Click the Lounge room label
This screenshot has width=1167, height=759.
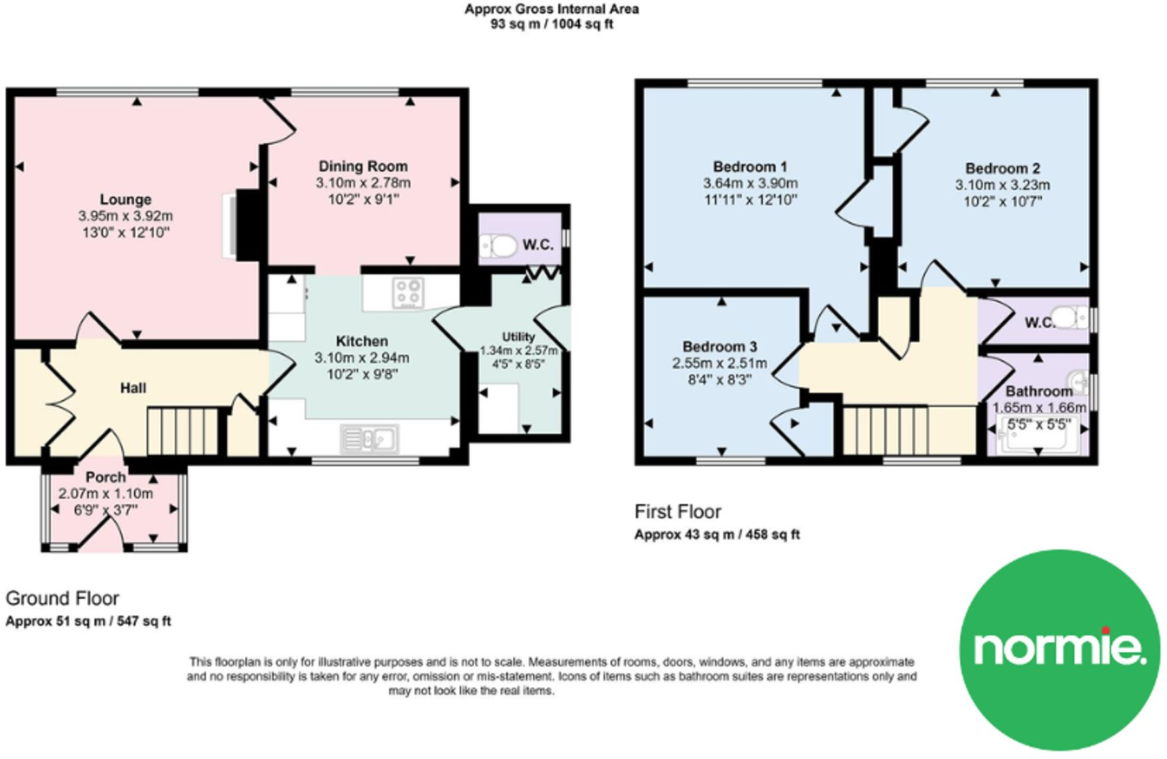pos(125,200)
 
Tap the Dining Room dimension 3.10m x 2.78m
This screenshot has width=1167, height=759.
pos(362,183)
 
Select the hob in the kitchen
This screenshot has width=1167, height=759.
pos(408,293)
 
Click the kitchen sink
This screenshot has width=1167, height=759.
pos(369,439)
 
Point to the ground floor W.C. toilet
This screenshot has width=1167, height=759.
pos(499,246)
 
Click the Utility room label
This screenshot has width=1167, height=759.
pos(518,337)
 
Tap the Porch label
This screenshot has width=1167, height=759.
pos(105,477)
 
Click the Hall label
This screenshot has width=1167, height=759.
pos(133,388)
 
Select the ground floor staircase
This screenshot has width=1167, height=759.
pos(182,431)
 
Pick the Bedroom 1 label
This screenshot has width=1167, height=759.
pos(750,166)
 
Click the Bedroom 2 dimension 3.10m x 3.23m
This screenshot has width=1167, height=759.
pos(1002,185)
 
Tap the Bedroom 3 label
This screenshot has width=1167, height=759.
pos(720,347)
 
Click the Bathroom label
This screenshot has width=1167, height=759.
pos(1039,391)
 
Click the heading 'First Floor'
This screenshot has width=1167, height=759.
pos(677,512)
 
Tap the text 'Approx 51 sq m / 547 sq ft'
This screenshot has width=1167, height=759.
pos(88,621)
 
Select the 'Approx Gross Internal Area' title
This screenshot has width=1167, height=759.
pos(551,9)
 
